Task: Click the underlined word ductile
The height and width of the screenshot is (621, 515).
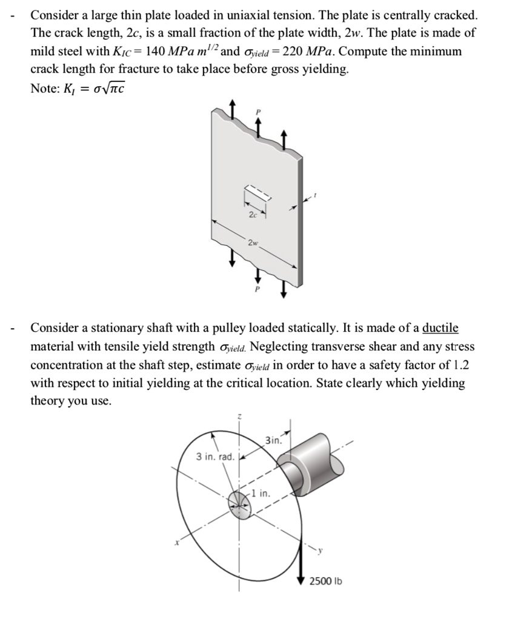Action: (440, 328)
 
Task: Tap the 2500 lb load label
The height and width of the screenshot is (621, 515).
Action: (325, 581)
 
